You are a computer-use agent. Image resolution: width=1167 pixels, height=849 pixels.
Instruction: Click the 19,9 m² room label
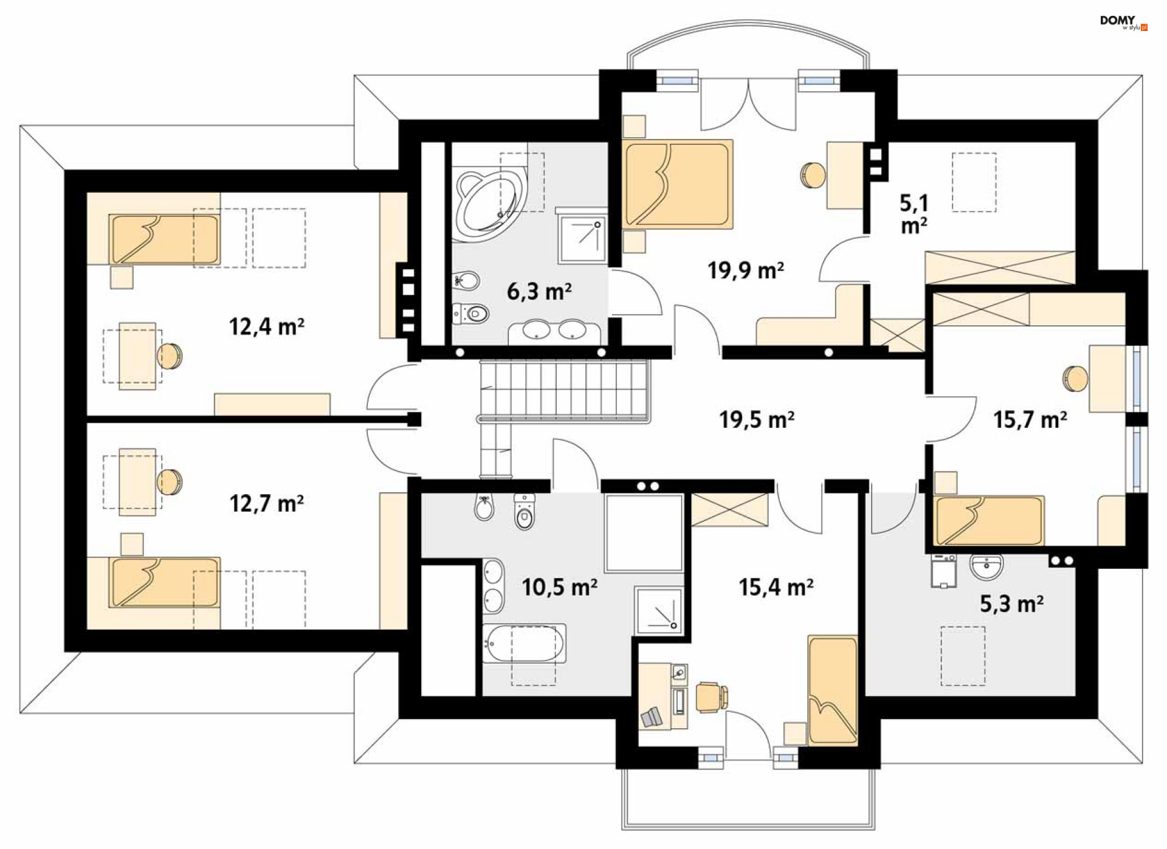coord(745,270)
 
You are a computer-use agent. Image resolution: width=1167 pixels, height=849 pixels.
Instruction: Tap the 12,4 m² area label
coord(266,327)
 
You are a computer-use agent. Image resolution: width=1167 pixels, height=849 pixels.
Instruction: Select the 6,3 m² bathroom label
coord(539,292)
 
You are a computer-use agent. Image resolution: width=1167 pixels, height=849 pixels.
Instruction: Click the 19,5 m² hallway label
coord(757,419)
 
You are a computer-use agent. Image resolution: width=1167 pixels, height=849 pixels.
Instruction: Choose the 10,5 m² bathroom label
coord(559,587)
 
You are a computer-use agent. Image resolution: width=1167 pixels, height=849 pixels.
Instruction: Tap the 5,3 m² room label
coord(1012,603)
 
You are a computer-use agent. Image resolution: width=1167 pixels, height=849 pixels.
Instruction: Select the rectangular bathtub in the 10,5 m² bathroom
coord(524,644)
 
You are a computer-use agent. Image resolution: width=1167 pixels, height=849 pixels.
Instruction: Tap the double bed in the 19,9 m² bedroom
coord(677,184)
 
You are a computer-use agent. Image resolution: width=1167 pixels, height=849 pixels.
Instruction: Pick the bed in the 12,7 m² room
coord(164,582)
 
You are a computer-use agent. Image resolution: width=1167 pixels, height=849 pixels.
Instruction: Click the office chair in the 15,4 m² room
coord(712,697)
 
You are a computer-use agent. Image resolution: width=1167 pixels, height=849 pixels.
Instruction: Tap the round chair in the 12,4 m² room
coord(170,356)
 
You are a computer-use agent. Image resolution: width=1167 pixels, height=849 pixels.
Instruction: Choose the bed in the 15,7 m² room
coord(989,520)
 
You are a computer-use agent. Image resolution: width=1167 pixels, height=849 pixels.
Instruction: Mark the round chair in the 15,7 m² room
coord(1075,379)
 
